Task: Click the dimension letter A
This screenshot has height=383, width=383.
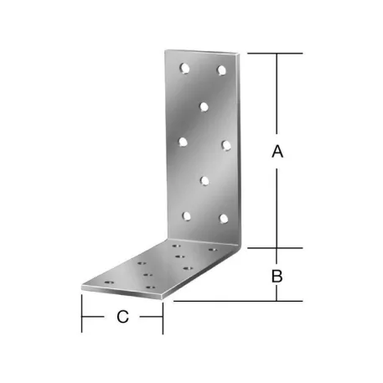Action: coord(278,152)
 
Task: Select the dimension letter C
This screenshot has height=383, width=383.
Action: coord(122,317)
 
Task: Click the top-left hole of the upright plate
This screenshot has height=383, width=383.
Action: coord(184,66)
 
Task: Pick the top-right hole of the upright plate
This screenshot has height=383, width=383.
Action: coord(222,70)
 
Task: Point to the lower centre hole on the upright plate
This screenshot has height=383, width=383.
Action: coord(204,179)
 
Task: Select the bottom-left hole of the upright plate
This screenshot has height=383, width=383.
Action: coord(186,215)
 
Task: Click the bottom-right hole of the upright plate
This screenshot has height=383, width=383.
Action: coord(223,219)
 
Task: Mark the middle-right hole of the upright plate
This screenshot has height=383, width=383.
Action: coord(225,144)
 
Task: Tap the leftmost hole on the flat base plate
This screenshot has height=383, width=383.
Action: coord(107,283)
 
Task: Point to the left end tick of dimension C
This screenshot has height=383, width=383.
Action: coord(81,317)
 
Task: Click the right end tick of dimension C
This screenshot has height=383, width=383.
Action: coord(163,317)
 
